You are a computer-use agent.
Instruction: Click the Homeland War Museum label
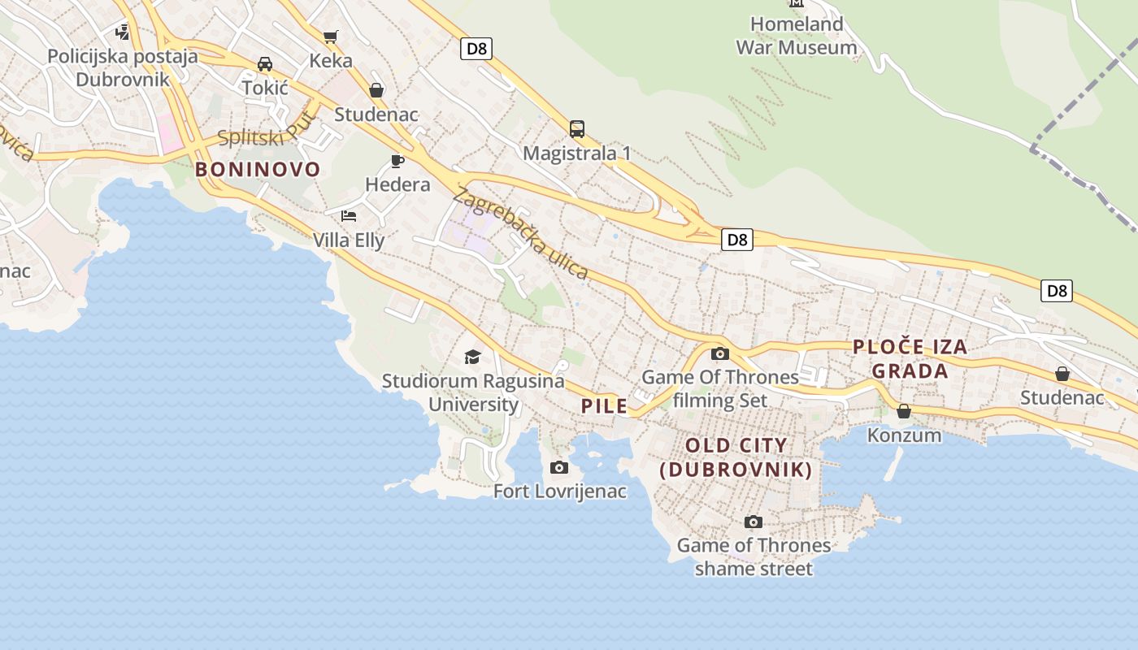[796, 36]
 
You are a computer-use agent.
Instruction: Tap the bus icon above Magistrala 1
[577, 128]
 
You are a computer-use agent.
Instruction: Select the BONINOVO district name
[258, 169]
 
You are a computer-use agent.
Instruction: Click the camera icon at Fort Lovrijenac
[559, 467]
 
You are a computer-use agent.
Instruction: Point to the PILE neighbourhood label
[604, 406]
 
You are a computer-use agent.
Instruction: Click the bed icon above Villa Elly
[349, 216]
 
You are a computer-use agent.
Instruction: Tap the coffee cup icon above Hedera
[397, 160]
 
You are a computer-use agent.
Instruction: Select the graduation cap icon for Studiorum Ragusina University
[472, 357]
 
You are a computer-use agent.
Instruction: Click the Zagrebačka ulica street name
[520, 233]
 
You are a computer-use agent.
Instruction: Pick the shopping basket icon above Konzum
[904, 411]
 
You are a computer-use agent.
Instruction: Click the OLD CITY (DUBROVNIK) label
[736, 457]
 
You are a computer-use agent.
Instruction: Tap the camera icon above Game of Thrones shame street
[754, 522]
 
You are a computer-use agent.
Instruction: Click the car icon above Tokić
[265, 63]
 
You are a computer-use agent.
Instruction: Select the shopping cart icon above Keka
[330, 37]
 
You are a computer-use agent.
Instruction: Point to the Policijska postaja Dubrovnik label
[123, 67]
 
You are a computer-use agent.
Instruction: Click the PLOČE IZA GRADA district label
[910, 359]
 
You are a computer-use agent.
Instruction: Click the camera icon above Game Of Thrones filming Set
[720, 353]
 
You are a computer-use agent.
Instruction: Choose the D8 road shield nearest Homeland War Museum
[476, 49]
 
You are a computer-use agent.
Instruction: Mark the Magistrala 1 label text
[577, 153]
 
